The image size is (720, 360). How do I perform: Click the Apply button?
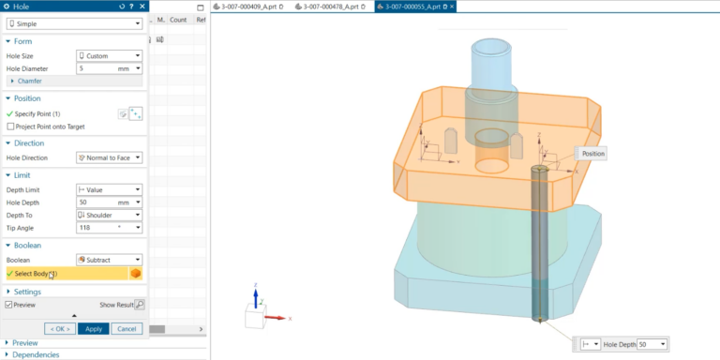[x=93, y=328]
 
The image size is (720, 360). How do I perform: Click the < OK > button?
[x=60, y=328]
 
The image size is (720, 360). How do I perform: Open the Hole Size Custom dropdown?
[x=109, y=55]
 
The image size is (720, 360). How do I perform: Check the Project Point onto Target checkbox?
[x=10, y=126]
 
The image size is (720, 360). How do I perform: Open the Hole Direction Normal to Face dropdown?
[x=109, y=157]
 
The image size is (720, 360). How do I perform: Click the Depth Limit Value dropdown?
[x=109, y=189]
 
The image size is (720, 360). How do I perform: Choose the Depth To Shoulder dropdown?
[x=109, y=215]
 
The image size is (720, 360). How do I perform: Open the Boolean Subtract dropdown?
[x=109, y=260]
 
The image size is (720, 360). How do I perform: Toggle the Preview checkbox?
[x=9, y=305]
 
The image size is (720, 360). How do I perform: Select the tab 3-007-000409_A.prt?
[x=249, y=7]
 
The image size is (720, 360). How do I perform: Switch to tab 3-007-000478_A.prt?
[x=331, y=7]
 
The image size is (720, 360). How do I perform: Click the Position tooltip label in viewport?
[x=592, y=153]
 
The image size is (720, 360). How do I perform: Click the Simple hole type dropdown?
[x=75, y=22]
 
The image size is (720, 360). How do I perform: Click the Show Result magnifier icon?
[x=140, y=305]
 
